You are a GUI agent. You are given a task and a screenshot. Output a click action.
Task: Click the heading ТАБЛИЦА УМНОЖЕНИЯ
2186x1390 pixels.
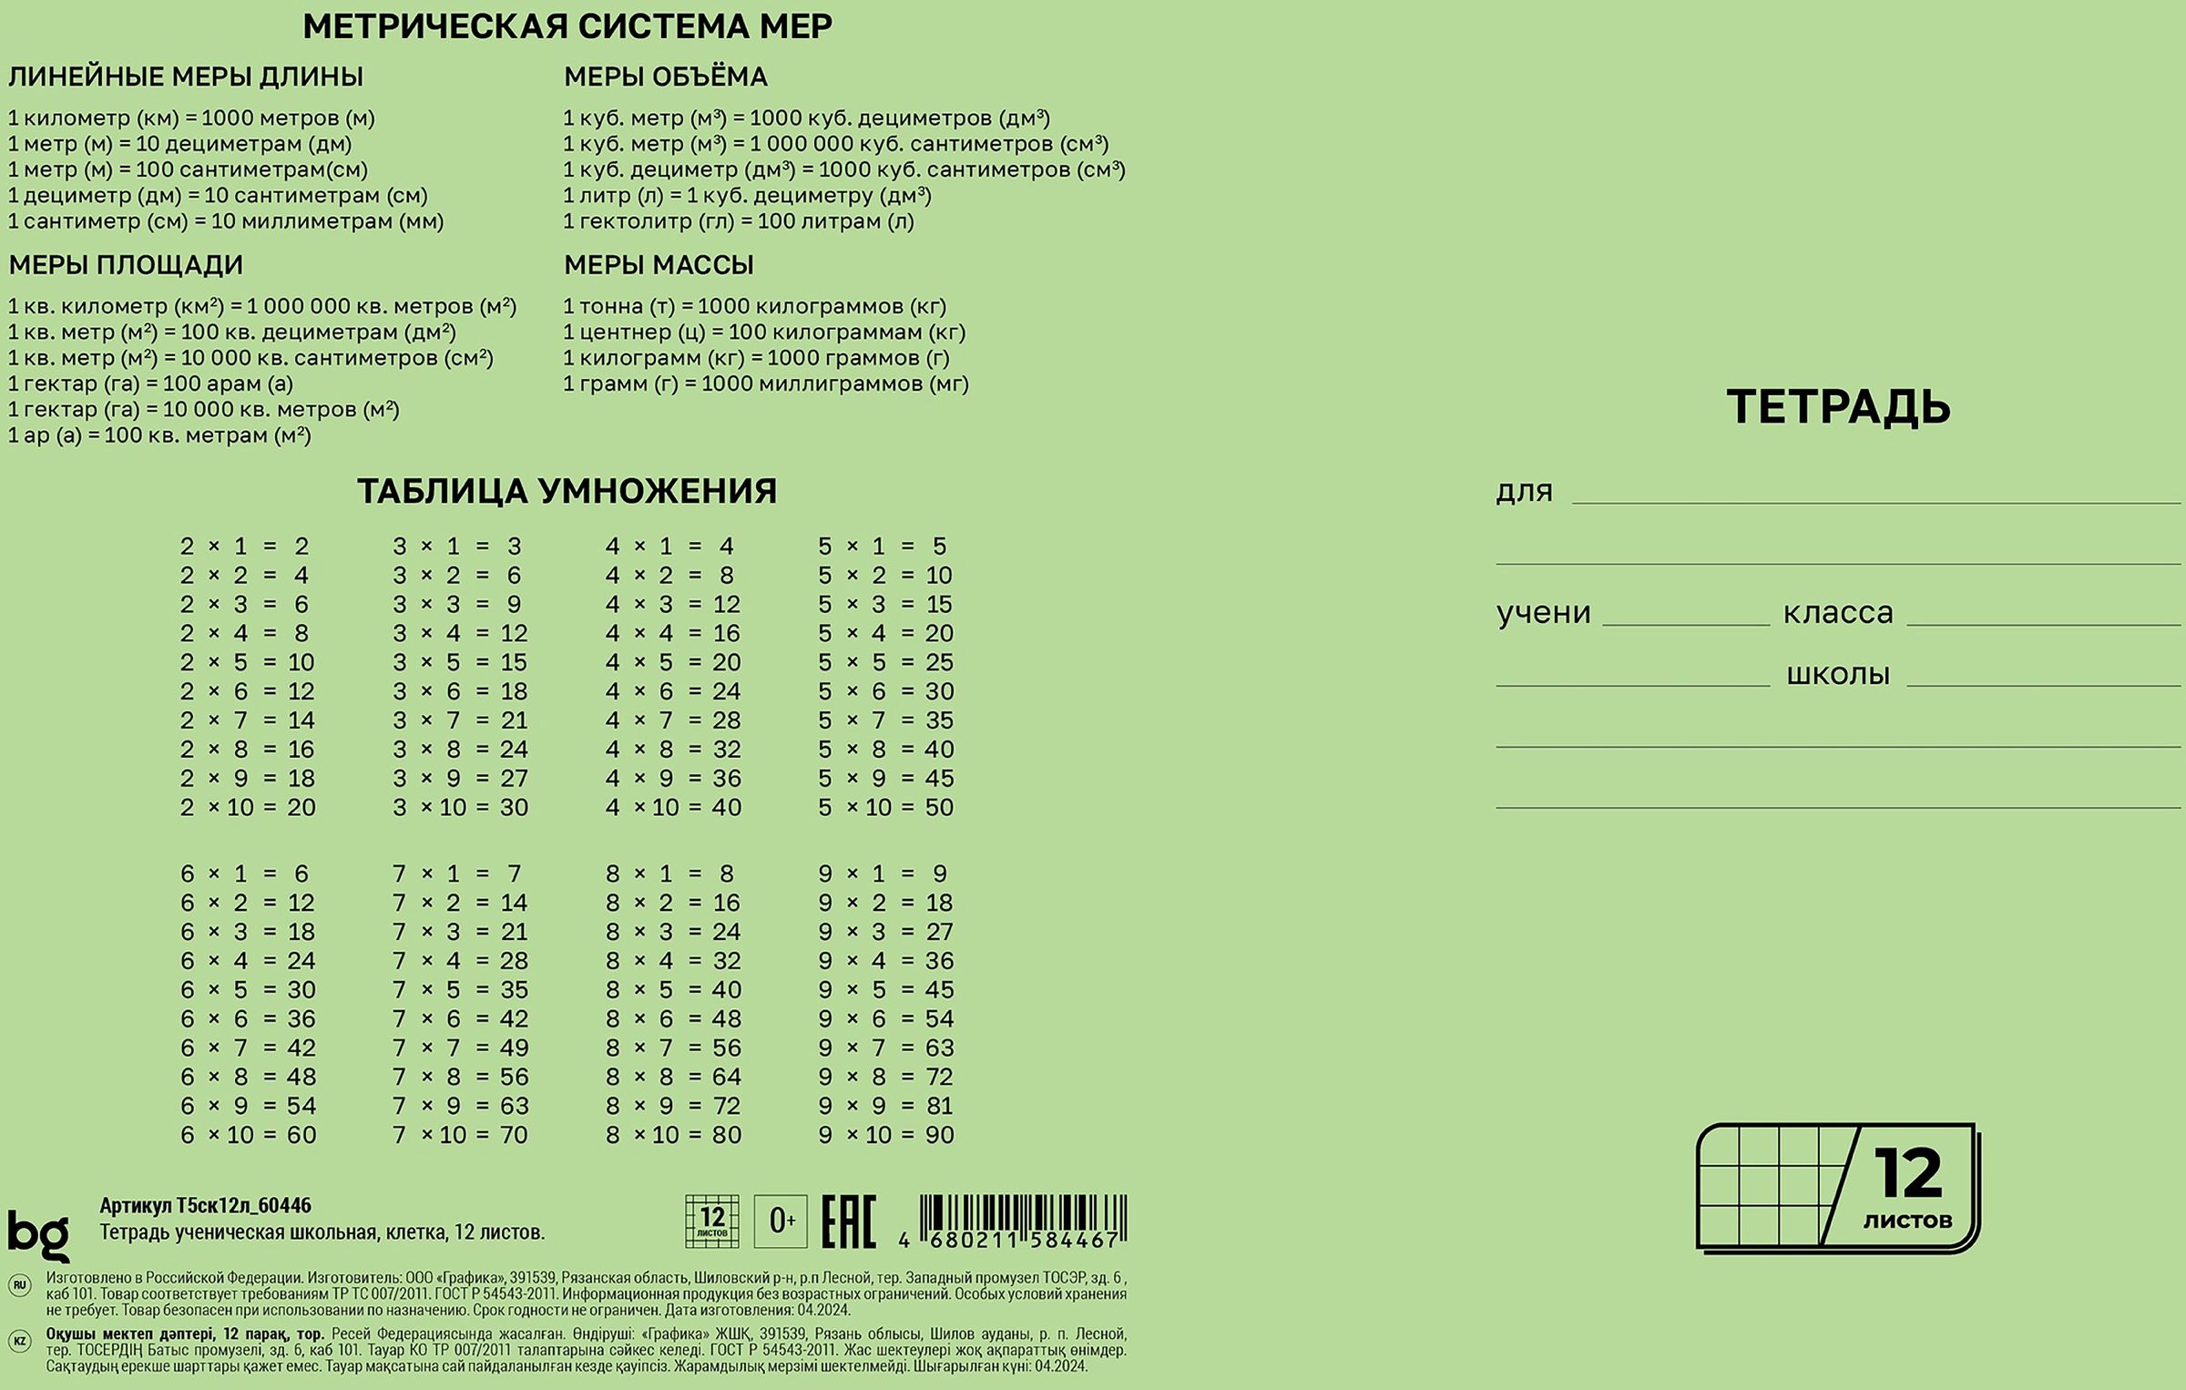point(567,491)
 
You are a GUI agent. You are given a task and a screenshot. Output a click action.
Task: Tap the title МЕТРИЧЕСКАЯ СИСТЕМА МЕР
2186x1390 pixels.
point(567,26)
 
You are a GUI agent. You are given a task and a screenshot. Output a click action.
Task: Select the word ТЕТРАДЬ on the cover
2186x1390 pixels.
point(1838,406)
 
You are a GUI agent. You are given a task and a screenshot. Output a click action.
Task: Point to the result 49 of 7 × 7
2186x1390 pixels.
point(514,1048)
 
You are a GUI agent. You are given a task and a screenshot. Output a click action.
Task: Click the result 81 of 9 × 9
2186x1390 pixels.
point(939,1106)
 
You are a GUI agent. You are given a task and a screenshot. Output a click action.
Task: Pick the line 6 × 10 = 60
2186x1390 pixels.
point(248,1135)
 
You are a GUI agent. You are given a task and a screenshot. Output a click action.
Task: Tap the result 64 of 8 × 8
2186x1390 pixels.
point(726,1077)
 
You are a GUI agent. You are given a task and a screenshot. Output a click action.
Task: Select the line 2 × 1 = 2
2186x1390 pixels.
point(244,547)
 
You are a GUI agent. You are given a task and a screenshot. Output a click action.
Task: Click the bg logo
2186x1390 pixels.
point(38,1234)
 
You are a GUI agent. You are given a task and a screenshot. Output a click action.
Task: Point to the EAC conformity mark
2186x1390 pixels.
point(848,1221)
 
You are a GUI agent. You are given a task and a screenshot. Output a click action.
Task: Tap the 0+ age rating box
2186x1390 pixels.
point(781,1221)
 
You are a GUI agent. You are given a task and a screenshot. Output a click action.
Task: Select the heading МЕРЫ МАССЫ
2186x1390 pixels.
point(659,265)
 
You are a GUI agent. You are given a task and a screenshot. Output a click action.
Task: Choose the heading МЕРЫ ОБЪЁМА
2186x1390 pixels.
point(665,77)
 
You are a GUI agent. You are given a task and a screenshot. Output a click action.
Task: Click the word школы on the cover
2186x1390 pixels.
point(1837,675)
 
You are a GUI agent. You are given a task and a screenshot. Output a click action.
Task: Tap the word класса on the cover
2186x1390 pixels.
point(1837,613)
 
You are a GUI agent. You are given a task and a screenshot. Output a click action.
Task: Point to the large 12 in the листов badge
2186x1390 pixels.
point(1906,1174)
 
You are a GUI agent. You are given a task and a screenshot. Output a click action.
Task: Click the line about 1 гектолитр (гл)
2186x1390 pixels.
point(738,221)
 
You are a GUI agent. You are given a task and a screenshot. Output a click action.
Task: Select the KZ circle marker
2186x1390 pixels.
point(19,1342)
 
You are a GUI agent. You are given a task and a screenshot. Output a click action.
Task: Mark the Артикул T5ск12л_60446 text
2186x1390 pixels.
point(205,1206)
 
